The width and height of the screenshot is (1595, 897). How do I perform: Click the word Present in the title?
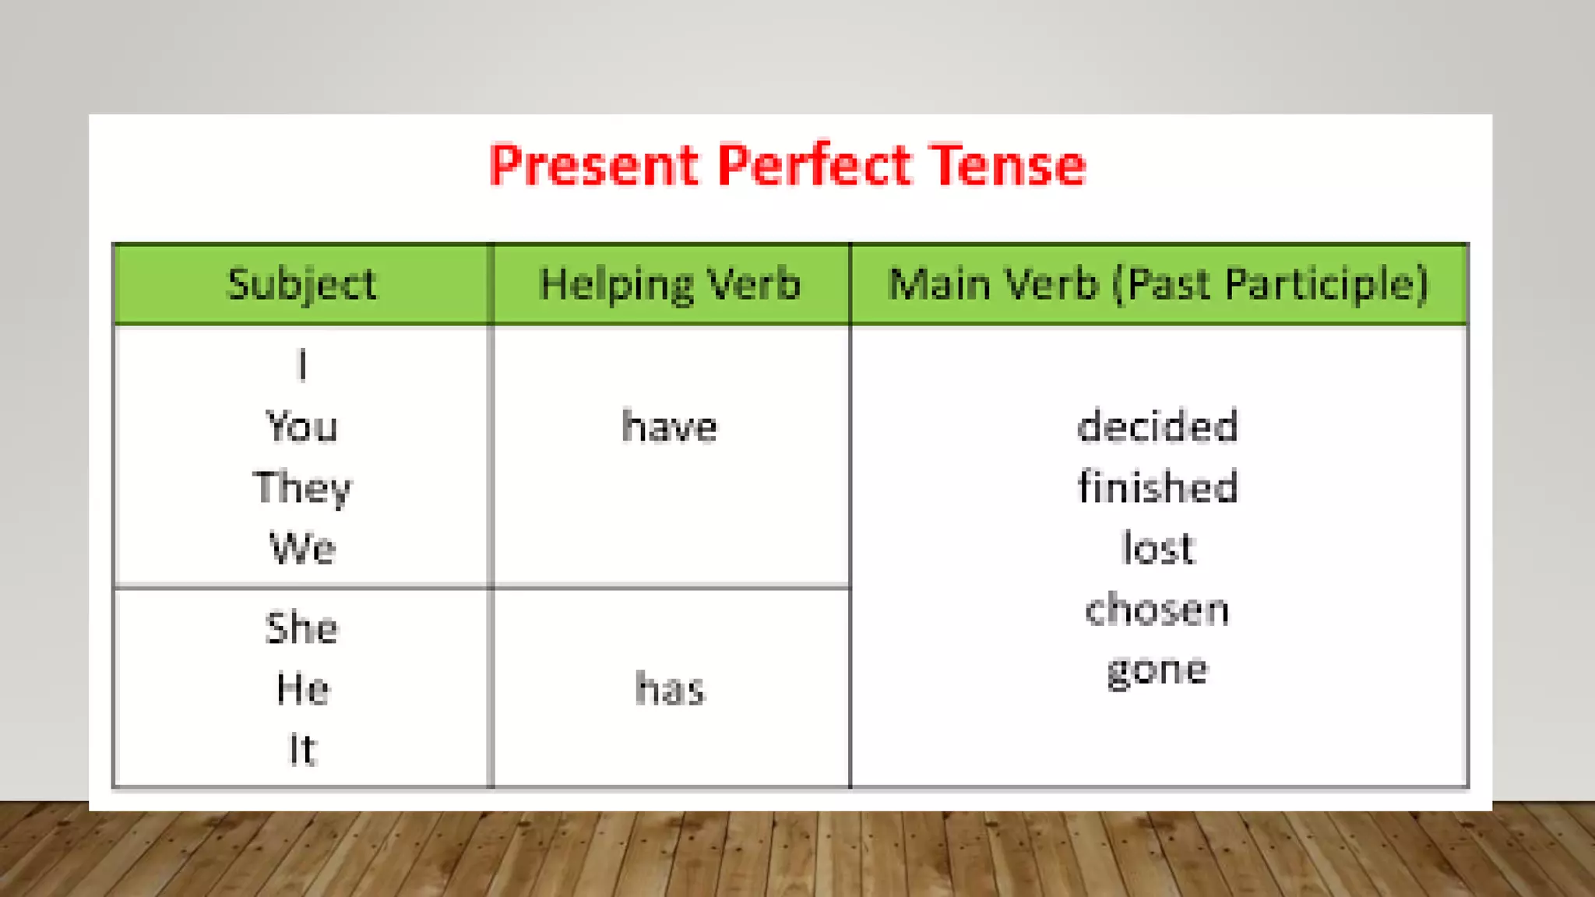[593, 165]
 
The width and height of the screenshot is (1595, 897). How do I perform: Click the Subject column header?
[302, 284]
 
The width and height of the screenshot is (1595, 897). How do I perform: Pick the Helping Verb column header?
[670, 284]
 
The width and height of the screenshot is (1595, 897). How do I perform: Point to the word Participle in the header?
[1326, 284]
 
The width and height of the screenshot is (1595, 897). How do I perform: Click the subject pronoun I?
[302, 365]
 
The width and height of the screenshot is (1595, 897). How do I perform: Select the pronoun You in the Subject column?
[302, 427]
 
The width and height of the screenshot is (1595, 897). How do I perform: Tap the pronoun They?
[302, 488]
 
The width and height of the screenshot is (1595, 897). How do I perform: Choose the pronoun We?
[302, 548]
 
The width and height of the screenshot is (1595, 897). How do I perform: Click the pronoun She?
[302, 628]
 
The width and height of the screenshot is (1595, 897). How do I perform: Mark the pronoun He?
[302, 689]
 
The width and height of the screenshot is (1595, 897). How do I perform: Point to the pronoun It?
[302, 749]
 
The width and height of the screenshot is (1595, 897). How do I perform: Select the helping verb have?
[670, 427]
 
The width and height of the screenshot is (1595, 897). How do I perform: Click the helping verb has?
[670, 689]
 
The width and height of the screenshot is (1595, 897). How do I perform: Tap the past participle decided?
[1157, 427]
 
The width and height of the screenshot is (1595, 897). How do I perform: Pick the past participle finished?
[1157, 487]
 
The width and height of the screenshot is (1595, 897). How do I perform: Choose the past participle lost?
[1157, 548]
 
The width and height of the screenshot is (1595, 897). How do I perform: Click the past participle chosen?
[1157, 609]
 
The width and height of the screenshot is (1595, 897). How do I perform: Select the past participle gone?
[1157, 670]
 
